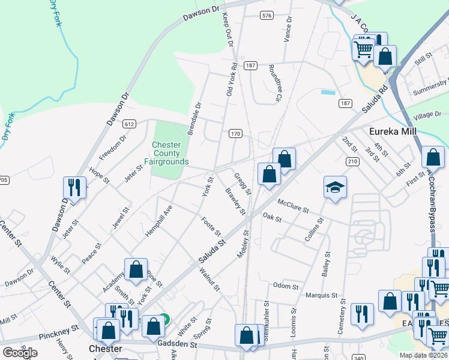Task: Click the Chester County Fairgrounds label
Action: (x=166, y=154)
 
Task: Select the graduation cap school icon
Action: (x=335, y=187)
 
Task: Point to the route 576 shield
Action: (x=267, y=15)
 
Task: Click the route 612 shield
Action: (x=129, y=124)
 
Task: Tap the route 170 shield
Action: (x=235, y=133)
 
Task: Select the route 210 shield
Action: (x=352, y=161)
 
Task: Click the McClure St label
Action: (x=292, y=206)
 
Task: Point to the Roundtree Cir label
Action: (x=276, y=83)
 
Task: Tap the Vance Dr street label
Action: (x=288, y=29)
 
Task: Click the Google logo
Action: (x=20, y=352)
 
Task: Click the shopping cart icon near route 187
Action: (x=364, y=49)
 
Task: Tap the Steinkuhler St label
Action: (x=265, y=322)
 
